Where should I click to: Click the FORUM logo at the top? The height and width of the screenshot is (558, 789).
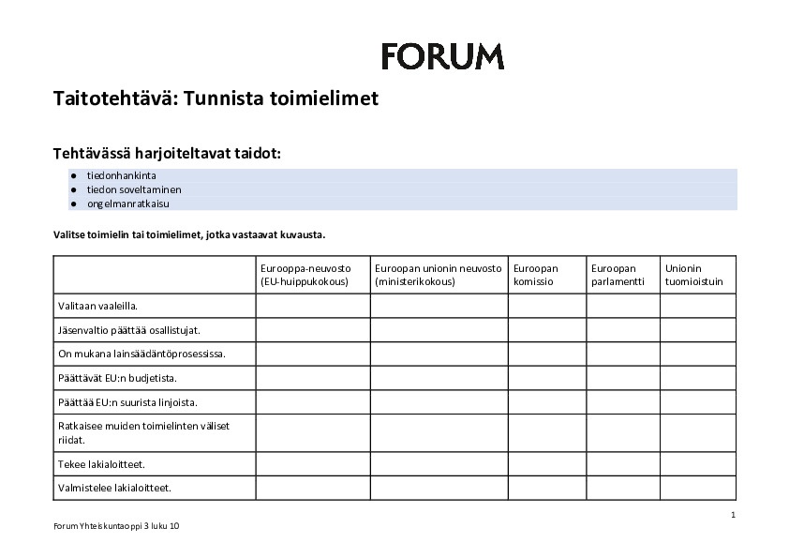click(442, 56)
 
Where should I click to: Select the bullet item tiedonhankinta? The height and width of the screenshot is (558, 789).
click(122, 175)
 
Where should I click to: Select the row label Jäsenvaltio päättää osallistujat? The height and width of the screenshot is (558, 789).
click(129, 330)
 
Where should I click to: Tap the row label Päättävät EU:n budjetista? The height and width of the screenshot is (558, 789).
click(117, 378)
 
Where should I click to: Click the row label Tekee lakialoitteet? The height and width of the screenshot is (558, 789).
click(101, 463)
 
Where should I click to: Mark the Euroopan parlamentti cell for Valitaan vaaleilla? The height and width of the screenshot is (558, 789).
click(622, 306)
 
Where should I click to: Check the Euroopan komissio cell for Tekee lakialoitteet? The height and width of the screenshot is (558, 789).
click(547, 463)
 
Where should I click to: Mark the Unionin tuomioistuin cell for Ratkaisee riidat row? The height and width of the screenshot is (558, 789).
click(697, 432)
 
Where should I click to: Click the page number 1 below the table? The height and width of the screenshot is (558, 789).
click(733, 515)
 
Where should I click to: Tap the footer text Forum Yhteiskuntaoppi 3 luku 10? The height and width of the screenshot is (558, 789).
click(116, 526)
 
